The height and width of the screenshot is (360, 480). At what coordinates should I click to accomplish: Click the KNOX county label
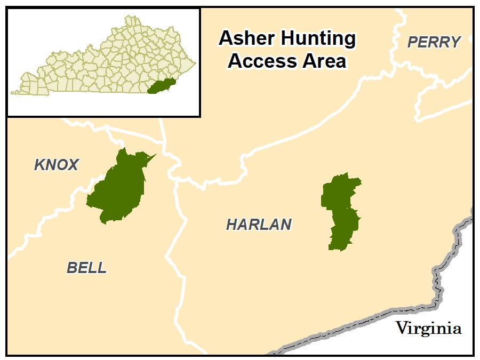point(57,165)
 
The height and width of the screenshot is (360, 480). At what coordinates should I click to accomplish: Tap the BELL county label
point(86,268)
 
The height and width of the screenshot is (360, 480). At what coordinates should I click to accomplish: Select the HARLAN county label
point(259,225)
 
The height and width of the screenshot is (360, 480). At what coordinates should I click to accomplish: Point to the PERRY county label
point(434,43)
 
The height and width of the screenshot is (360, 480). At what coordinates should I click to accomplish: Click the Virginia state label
point(428,329)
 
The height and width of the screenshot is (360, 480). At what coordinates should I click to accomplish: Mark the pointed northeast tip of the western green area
point(155,155)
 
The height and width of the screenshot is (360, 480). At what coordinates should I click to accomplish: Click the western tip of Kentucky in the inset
point(13,93)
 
